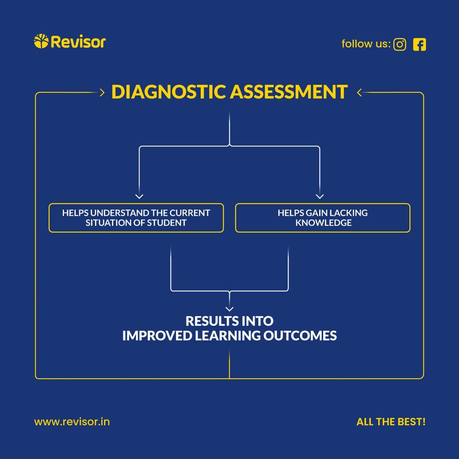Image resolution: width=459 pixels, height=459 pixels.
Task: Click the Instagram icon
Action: tap(400, 44)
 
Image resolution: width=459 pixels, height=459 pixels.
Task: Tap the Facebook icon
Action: tap(419, 44)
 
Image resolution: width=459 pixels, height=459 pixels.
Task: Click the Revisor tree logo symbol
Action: tap(41, 41)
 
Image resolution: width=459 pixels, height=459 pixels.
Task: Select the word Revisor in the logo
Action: tap(78, 42)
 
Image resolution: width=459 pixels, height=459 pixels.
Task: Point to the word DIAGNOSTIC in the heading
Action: tap(169, 92)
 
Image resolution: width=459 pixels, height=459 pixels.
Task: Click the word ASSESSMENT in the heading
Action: tap(289, 92)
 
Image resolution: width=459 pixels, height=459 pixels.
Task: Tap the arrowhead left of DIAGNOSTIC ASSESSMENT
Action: tap(102, 93)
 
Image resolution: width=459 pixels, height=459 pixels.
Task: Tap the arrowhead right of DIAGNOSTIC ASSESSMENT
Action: tap(359, 93)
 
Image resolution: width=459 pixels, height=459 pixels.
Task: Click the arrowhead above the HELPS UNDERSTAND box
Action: tap(139, 196)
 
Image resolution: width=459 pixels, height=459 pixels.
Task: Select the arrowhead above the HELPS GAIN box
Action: tap(320, 196)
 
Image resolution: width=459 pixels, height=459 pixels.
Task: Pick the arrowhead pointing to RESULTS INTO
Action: tap(230, 309)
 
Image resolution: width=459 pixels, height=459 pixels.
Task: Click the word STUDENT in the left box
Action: tap(167, 223)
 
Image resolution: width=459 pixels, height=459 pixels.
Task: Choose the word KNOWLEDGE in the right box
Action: tap(324, 223)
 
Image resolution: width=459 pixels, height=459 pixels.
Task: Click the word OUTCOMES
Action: tap(300, 336)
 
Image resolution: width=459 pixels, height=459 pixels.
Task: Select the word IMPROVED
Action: tap(157, 336)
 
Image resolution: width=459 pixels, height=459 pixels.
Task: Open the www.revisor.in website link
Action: tap(72, 422)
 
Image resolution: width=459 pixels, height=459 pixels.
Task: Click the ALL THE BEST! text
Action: tap(391, 422)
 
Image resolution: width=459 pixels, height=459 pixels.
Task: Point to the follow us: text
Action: tap(366, 44)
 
